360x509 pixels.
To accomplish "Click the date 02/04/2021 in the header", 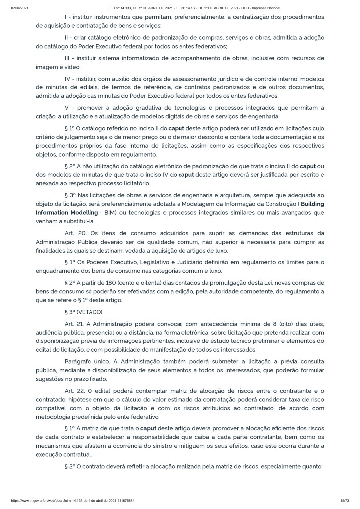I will click(18, 8).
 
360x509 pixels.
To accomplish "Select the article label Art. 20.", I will click(75, 233).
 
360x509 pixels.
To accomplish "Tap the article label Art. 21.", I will click(75, 324).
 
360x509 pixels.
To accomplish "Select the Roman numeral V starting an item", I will click(67, 108).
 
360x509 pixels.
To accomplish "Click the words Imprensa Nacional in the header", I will click(266, 8).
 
